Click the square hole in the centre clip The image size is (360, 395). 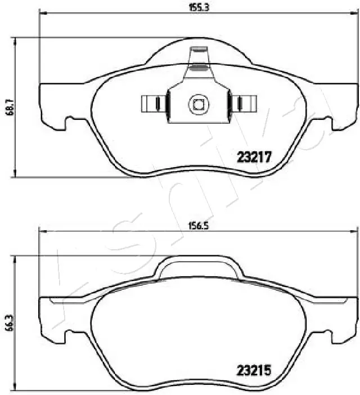[x=198, y=104]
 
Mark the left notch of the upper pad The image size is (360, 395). [x=72, y=122]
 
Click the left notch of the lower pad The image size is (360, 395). [x=72, y=336]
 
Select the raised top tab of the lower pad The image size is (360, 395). [x=198, y=267]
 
